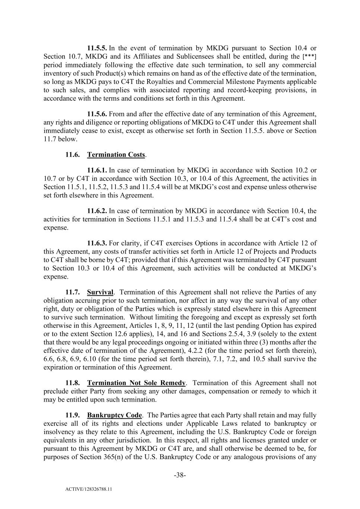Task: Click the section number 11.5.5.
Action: click(97, 48)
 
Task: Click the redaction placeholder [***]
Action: click(309, 57)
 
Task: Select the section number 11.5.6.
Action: click(97, 114)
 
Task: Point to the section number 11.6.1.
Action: click(97, 170)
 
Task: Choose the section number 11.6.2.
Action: click(97, 211)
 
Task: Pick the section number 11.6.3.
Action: click(97, 243)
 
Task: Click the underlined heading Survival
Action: click(100, 292)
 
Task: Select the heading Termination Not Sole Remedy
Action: click(136, 383)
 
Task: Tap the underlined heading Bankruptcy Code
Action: click(114, 415)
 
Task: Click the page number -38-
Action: click(180, 475)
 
